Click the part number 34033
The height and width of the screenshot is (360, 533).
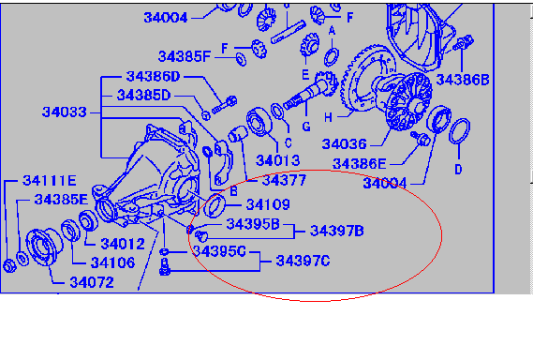[65, 112]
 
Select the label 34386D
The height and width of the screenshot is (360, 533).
[153, 76]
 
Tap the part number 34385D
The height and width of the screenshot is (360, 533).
[143, 96]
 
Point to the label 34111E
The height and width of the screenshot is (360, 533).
[50, 180]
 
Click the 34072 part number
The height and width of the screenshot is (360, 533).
[92, 282]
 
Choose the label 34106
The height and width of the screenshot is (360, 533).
[112, 262]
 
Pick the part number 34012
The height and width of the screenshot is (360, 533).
[123, 244]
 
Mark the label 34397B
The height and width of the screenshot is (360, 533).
[337, 231]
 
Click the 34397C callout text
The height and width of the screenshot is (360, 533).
[303, 261]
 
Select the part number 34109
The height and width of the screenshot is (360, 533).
[268, 204]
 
